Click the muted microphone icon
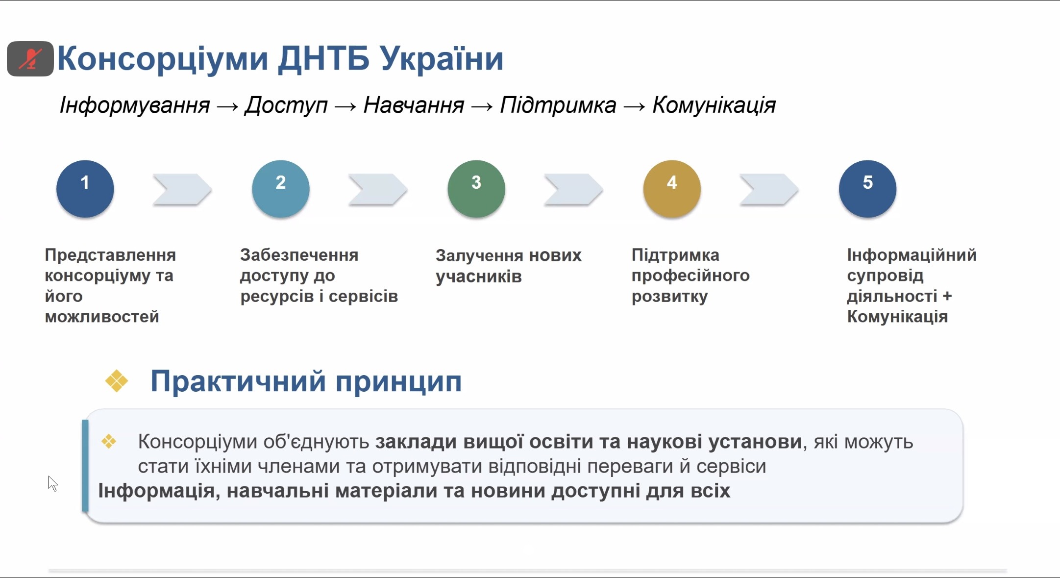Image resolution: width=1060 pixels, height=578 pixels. (30, 59)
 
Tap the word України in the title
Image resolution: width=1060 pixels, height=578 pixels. (442, 58)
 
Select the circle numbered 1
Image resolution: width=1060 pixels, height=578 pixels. (85, 189)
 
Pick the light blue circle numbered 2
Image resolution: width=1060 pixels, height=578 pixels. (281, 189)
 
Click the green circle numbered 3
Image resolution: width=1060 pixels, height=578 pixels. (476, 189)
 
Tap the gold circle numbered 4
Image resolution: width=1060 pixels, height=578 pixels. (672, 189)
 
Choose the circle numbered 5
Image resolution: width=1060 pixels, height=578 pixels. (867, 189)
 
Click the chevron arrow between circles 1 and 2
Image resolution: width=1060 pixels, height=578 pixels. (182, 189)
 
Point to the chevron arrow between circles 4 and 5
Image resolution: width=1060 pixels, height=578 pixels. (769, 189)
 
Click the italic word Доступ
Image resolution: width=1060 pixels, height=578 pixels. (286, 105)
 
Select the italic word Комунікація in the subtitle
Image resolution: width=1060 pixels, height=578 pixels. (714, 105)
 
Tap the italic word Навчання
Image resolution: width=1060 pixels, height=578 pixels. (414, 105)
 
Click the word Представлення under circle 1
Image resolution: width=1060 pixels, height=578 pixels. (110, 255)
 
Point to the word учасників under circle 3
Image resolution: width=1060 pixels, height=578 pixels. (479, 277)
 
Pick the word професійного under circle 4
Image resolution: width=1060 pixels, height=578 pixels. (690, 276)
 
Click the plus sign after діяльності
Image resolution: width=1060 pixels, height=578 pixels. (947, 296)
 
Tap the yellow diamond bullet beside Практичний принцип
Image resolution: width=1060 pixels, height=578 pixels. (117, 381)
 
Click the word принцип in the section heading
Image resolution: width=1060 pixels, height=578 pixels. (398, 382)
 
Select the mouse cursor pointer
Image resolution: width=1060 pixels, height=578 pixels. (53, 483)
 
